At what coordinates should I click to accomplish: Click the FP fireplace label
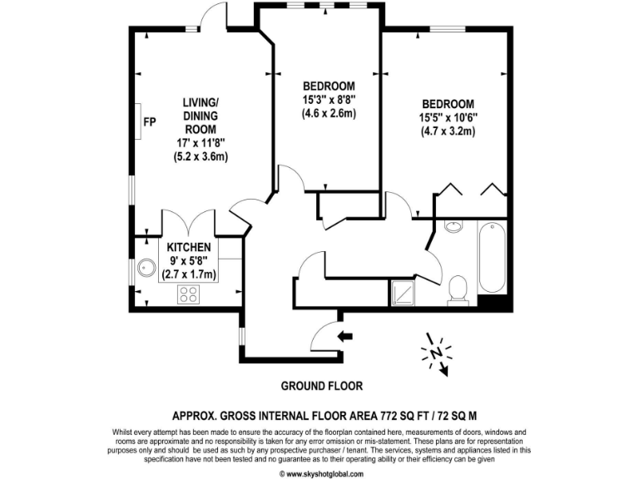(150, 122)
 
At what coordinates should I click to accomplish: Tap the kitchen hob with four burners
(188, 293)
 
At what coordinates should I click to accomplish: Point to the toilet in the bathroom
(457, 289)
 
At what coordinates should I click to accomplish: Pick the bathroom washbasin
(453, 227)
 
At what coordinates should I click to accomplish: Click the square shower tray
(404, 290)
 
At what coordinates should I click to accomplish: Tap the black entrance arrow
(344, 336)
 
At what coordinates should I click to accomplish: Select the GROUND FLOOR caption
(321, 387)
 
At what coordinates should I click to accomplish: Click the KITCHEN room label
(189, 248)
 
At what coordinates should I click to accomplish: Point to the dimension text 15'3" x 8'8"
(329, 99)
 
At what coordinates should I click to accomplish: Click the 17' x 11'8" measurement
(200, 143)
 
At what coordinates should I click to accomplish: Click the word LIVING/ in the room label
(200, 103)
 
